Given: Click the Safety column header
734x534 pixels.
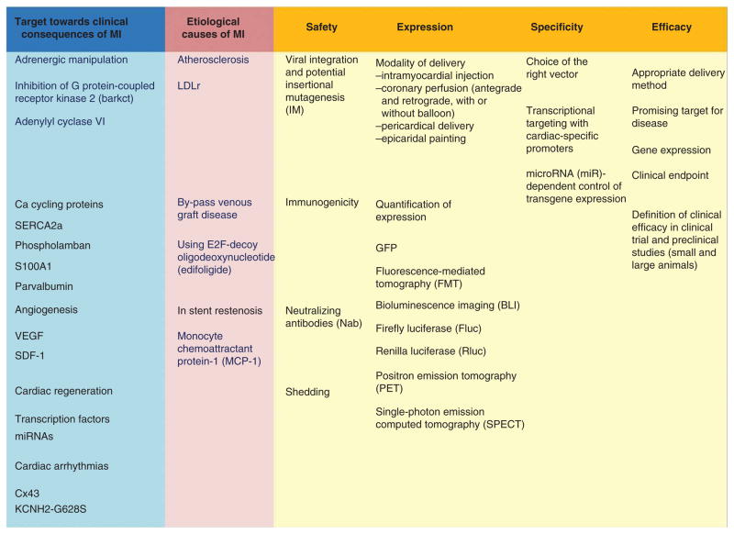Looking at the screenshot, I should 322,28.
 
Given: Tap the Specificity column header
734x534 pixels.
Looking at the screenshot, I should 557,28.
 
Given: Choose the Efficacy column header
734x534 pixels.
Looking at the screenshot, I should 671,28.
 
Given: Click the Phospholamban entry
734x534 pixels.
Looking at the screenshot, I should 52,245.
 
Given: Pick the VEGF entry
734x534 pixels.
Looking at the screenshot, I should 31,336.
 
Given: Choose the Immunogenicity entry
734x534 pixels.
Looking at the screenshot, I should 322,203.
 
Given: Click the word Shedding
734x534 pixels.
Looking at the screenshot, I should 307,392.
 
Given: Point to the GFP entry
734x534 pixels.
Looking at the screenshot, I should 387,248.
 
